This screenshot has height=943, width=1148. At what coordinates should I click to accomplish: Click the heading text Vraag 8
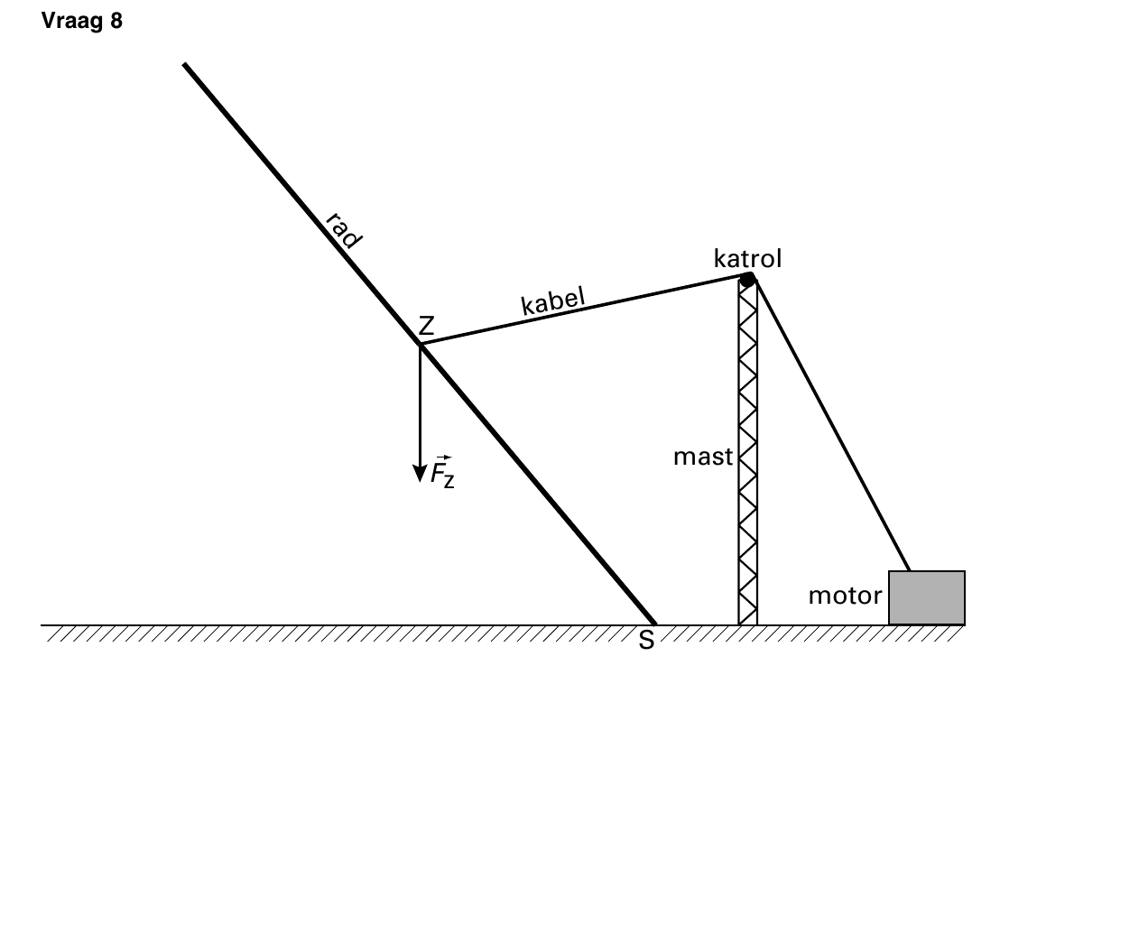coord(81,21)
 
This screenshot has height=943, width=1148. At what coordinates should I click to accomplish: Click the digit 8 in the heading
coord(116,21)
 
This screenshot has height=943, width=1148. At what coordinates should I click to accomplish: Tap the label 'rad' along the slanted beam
coord(344,230)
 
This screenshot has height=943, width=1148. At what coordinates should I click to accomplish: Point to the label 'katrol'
coord(747,258)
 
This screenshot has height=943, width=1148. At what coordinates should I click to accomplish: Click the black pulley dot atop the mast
coord(747,280)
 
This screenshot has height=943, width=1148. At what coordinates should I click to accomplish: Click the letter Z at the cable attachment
coord(427,326)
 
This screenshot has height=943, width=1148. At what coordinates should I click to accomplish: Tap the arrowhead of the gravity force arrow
coord(420,474)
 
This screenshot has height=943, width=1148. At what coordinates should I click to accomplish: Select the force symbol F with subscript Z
coord(442,472)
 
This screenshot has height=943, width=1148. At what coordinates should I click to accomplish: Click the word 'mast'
coord(703,458)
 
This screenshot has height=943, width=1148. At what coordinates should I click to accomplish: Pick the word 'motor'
coord(845,596)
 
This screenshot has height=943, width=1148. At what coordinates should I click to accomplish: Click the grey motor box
coord(927,597)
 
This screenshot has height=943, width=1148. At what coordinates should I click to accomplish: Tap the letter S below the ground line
coord(646,641)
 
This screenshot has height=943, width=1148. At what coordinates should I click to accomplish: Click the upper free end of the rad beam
coord(184,65)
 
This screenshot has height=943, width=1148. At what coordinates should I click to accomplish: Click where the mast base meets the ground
coord(748,624)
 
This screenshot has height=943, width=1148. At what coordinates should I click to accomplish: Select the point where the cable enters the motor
coord(909,570)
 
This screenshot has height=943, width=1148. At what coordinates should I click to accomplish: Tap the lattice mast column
coord(748,451)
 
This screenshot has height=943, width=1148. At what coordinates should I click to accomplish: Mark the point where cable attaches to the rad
coord(421,344)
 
